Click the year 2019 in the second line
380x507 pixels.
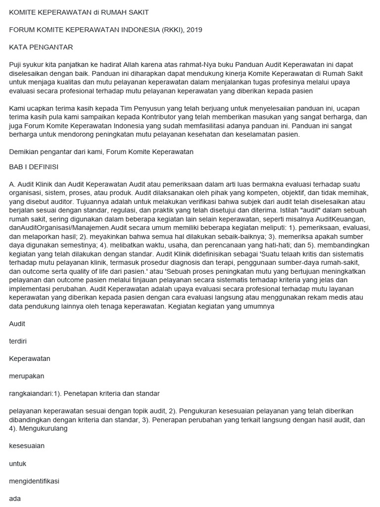pos(194,30)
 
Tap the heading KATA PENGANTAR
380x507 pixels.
pos(41,48)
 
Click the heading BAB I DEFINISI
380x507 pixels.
pos(34,166)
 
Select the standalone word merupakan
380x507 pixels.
pos(27,376)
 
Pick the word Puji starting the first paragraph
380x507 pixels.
pos(16,65)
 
